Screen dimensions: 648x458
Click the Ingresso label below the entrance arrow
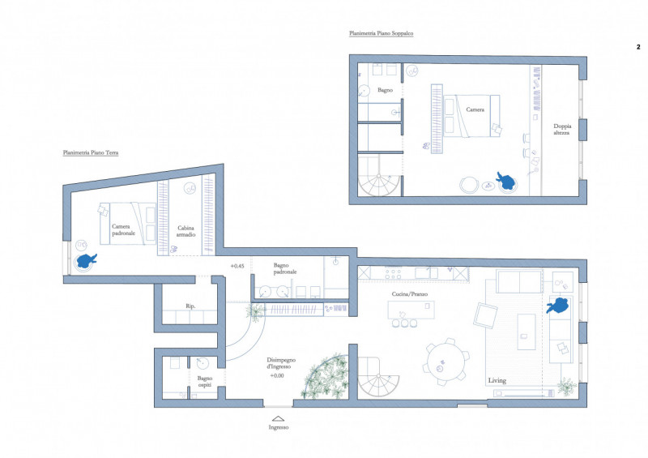point(278,427)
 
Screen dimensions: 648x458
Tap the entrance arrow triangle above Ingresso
point(278,419)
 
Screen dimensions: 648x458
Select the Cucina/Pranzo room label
point(410,294)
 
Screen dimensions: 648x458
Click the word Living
point(497,380)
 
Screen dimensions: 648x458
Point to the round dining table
point(446,362)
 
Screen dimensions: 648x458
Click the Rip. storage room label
point(190,306)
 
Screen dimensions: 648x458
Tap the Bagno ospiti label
point(205,382)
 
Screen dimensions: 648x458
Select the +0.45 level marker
point(237,266)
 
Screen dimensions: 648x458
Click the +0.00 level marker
point(277,375)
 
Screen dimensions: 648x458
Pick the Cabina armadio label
point(186,231)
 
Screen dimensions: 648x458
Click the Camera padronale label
point(123,229)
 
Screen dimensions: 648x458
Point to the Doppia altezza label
point(562,129)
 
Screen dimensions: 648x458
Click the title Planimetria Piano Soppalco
point(381,33)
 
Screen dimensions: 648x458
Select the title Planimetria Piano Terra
point(91,152)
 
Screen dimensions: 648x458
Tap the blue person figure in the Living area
point(558,306)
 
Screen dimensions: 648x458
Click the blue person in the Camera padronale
point(87,261)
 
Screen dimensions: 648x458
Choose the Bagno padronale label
point(285,268)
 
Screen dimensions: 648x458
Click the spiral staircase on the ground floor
point(378,377)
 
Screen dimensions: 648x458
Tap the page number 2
point(638,47)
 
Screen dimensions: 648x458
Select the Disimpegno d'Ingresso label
point(281,363)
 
